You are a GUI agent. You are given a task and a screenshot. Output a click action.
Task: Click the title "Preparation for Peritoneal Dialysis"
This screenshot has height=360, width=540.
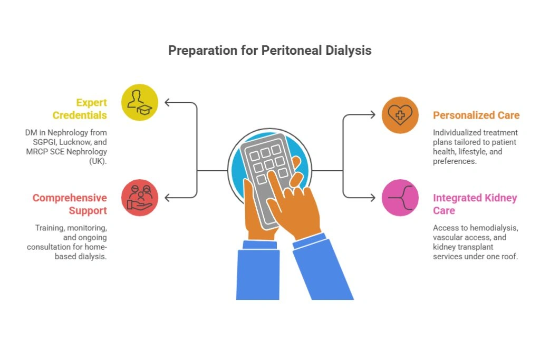(269, 51)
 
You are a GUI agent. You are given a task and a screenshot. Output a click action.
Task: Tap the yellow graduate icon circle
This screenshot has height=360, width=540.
(140, 102)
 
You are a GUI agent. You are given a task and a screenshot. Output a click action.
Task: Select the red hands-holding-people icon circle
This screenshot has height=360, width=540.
(140, 198)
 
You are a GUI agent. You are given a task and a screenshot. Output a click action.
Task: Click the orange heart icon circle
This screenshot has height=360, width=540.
(400, 115)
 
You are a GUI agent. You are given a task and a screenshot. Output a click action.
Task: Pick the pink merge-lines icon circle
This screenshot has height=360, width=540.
(400, 198)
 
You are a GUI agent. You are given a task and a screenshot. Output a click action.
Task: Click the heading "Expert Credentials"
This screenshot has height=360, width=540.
(80, 109)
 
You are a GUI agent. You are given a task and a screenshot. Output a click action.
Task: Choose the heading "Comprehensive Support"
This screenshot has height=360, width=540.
(70, 204)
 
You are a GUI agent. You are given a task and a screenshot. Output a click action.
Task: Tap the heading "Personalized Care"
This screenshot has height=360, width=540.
(476, 115)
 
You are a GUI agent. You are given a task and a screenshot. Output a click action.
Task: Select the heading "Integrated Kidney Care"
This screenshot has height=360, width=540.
(475, 204)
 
